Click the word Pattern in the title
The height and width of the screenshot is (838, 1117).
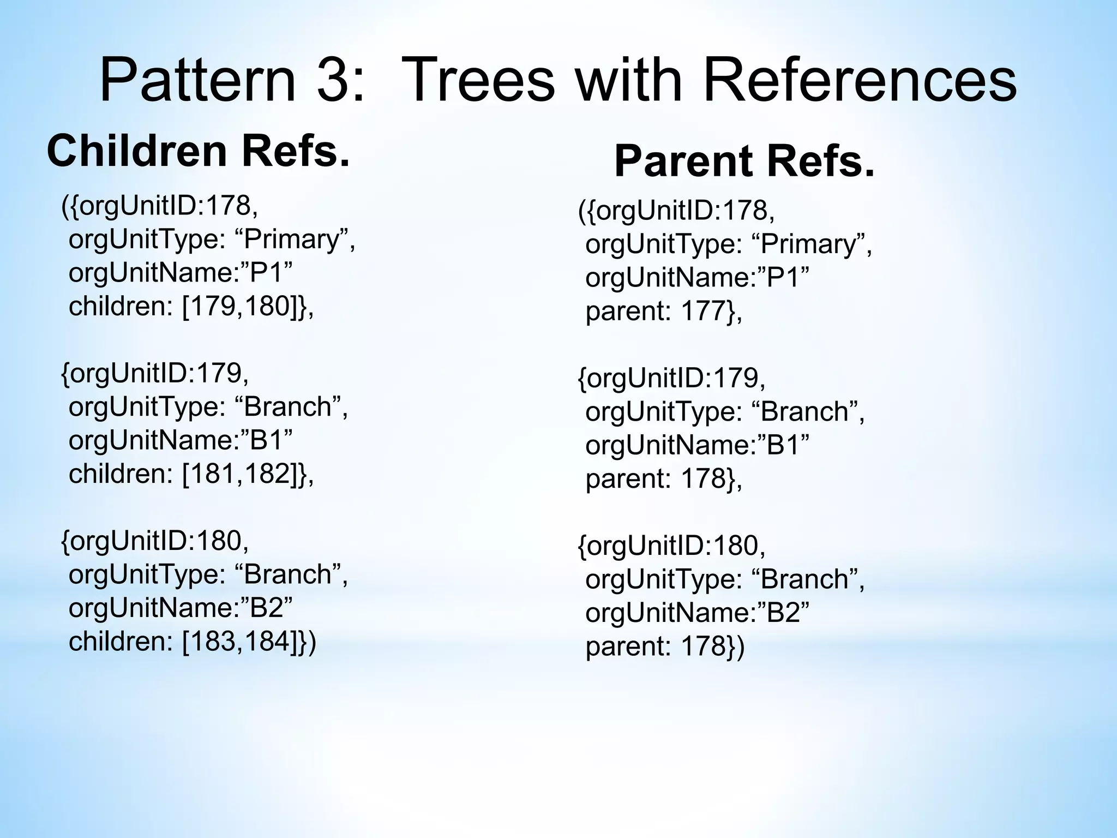pyautogui.click(x=197, y=80)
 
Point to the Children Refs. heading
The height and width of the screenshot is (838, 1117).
pyautogui.click(x=198, y=151)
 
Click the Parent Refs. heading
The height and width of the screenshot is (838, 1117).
pyautogui.click(x=744, y=161)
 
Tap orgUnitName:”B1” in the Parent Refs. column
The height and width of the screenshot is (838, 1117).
pyautogui.click(x=697, y=445)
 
